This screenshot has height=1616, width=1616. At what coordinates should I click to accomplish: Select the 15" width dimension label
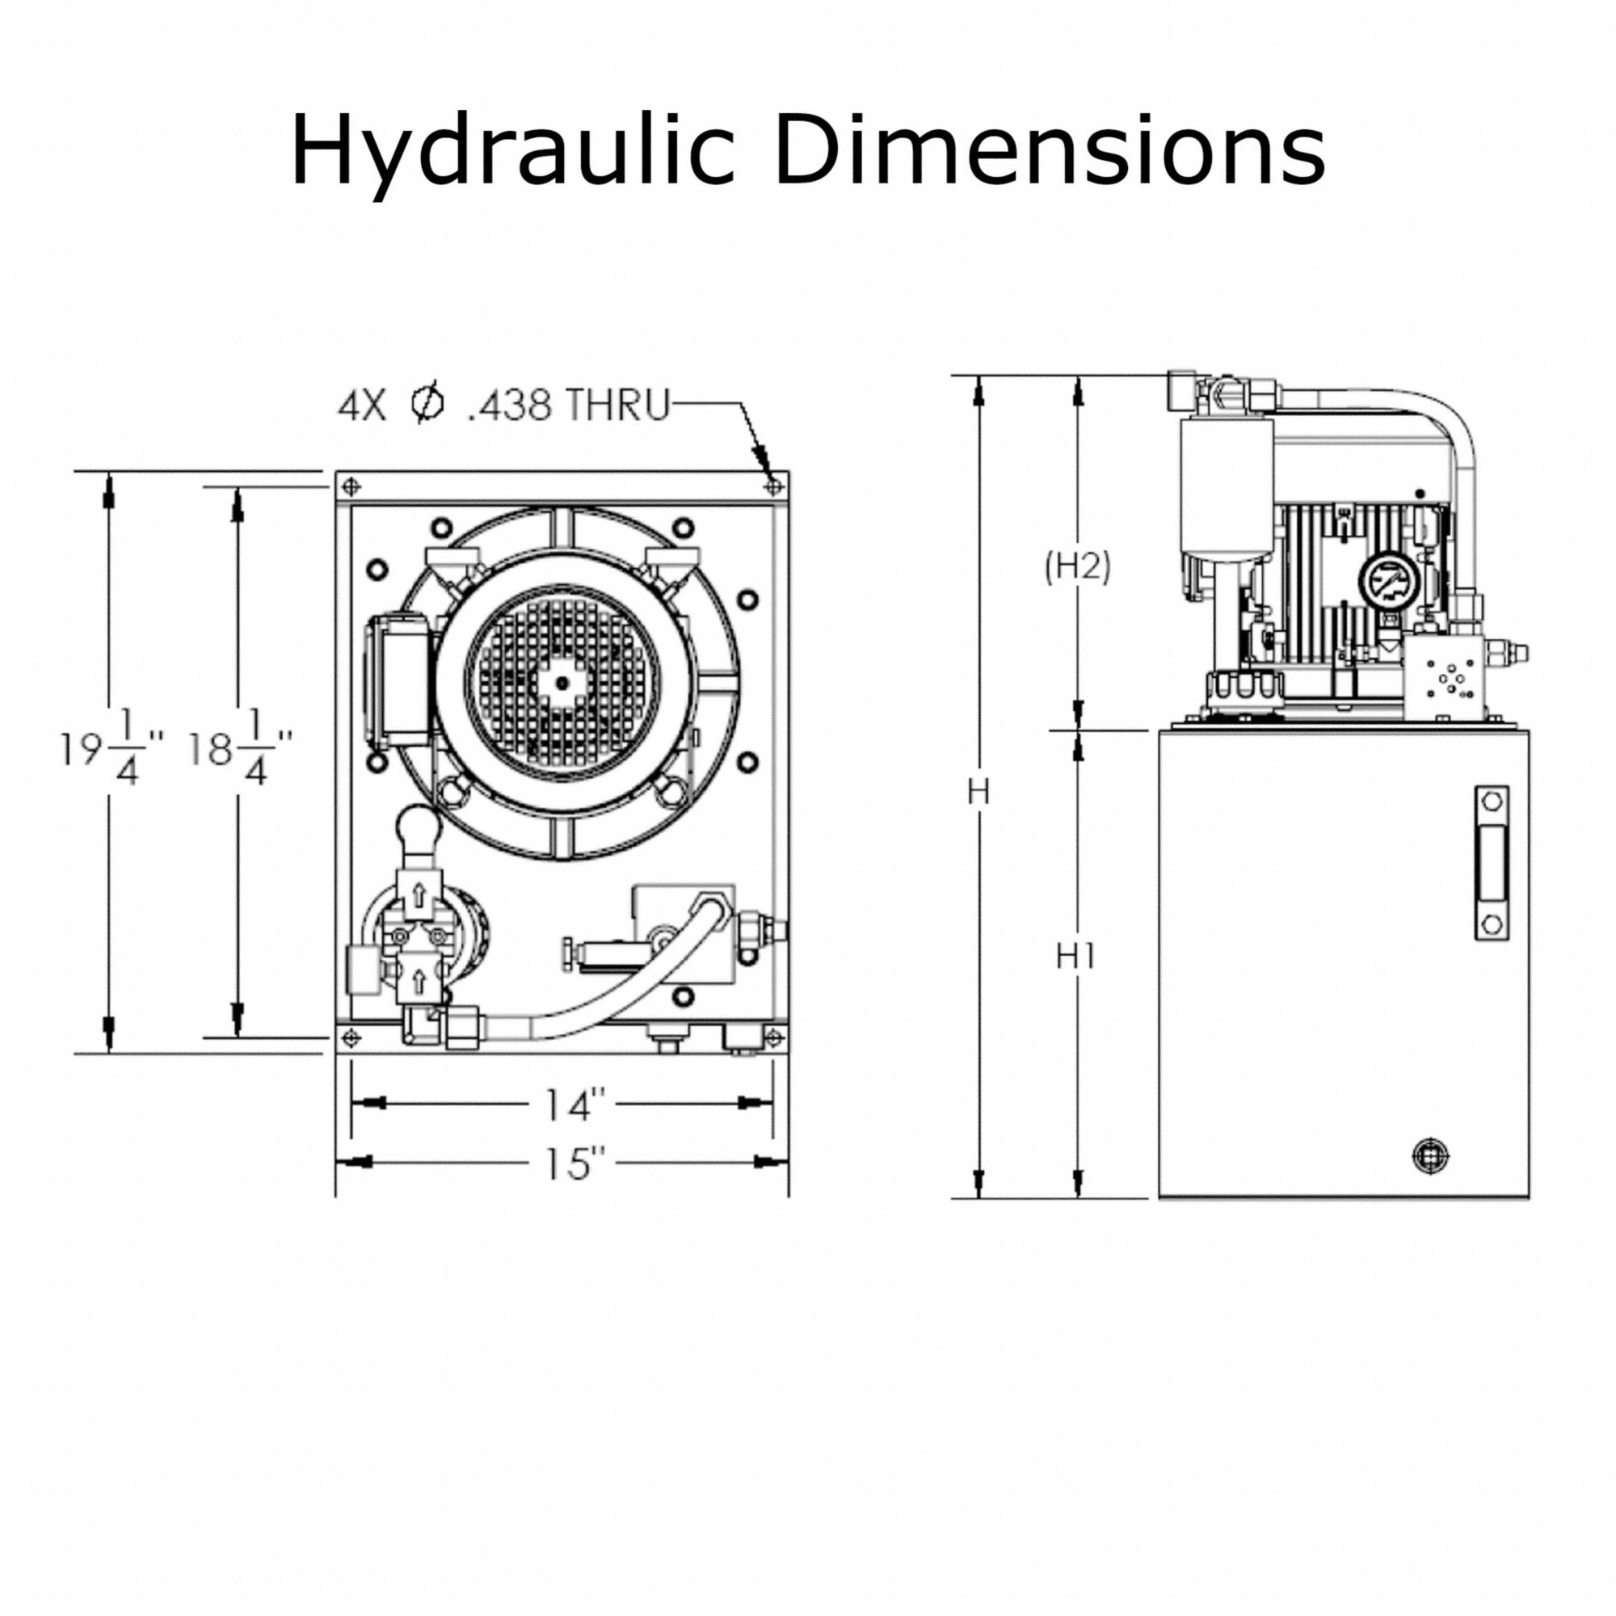tap(574, 1164)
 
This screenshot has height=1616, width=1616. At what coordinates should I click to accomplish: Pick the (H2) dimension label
tap(1077, 568)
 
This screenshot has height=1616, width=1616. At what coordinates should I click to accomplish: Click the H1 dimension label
tap(1076, 956)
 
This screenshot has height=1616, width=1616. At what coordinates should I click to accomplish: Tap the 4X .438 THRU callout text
tap(503, 406)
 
